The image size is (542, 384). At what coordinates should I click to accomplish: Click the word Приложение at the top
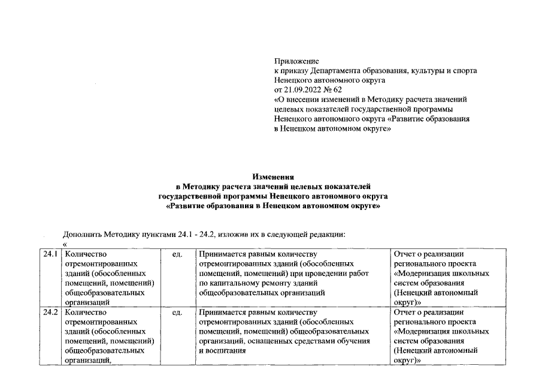point(296,61)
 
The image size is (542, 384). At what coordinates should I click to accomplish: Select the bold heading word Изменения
point(273,177)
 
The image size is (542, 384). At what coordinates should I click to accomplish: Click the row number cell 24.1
point(51,254)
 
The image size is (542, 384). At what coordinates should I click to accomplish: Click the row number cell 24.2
point(51,312)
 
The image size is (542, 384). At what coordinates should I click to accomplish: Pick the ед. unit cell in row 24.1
point(177,254)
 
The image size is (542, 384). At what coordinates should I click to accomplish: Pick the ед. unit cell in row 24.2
point(177,312)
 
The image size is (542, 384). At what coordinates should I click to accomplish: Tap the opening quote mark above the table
point(65,243)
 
